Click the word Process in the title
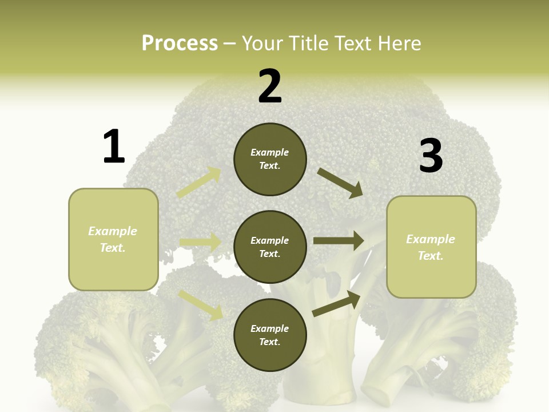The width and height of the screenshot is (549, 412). [x=180, y=43]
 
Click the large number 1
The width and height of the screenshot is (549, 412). [x=114, y=146]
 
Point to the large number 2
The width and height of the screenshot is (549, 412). [x=270, y=86]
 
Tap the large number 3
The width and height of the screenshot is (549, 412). [x=431, y=156]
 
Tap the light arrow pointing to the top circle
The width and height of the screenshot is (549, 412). [x=200, y=183]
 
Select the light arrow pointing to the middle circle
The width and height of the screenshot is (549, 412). [x=201, y=242]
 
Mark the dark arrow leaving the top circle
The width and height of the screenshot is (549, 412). [x=340, y=183]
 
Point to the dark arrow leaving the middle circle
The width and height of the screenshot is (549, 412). [x=339, y=240]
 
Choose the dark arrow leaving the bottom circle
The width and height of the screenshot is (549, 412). [x=336, y=304]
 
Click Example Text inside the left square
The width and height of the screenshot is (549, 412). [x=113, y=239]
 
